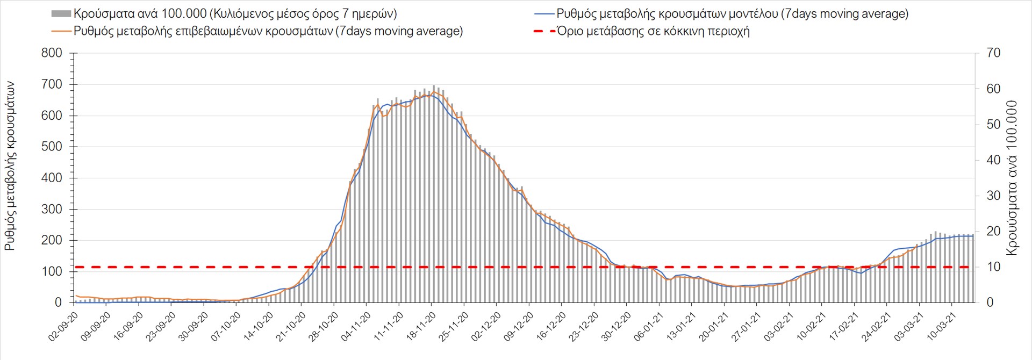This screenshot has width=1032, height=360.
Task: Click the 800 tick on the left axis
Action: point(52,53)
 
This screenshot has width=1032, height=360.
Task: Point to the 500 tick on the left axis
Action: point(52,147)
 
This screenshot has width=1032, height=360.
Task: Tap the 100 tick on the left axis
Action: point(52,271)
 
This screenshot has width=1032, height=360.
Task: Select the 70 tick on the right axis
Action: point(993,53)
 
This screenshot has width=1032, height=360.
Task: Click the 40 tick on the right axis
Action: point(993,160)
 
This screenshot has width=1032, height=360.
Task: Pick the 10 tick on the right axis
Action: point(993,267)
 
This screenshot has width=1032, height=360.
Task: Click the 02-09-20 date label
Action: point(64,327)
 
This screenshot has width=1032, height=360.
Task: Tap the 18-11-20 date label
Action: point(422,327)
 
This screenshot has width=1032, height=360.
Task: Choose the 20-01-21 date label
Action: point(714,327)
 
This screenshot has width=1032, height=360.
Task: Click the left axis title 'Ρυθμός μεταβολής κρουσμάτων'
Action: point(10,166)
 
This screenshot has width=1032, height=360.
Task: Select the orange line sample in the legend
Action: point(61,31)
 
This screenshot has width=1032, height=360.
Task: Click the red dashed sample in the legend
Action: point(544,31)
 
